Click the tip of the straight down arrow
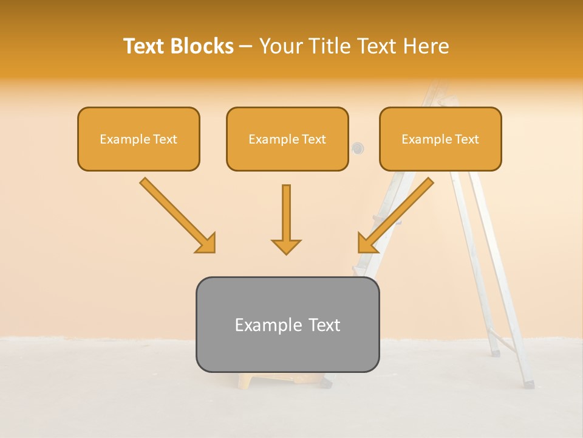(x=286, y=252)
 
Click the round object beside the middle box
(x=358, y=147)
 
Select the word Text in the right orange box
(x=467, y=139)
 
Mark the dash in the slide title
(x=246, y=47)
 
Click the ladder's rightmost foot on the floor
(x=528, y=384)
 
